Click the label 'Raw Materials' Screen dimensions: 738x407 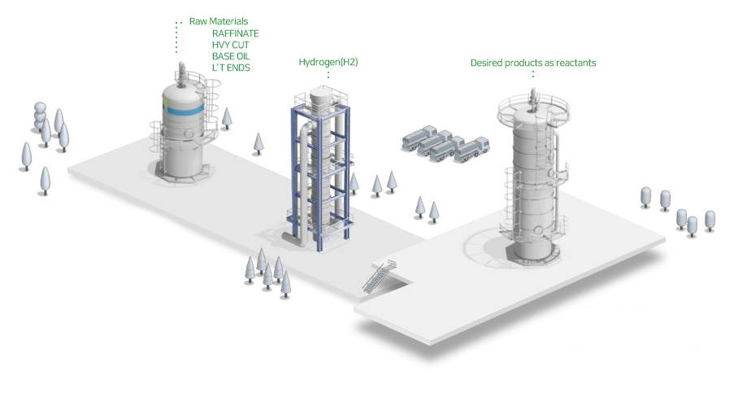point(219,21)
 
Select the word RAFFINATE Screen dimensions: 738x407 point(236,33)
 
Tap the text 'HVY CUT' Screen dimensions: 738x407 point(231,45)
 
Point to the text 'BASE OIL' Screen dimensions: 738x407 point(231,56)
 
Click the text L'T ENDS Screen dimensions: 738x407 point(231,68)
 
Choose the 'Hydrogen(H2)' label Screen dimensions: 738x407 point(328,62)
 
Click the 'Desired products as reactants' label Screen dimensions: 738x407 point(533,63)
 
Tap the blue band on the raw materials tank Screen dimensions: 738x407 point(184,111)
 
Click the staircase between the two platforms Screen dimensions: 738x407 point(379,277)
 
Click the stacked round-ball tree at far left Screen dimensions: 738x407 point(40,116)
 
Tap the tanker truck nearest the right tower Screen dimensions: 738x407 point(471,150)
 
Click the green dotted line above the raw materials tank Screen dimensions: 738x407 point(177,37)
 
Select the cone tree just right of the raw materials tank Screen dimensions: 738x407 point(227,118)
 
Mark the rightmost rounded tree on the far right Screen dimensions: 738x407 point(710,221)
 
